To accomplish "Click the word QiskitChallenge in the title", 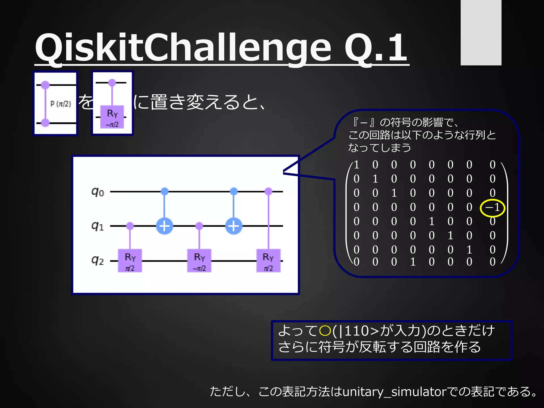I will [183, 48].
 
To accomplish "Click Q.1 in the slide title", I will [376, 48].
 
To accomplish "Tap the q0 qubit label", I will [98, 192].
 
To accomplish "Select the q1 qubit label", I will [97, 226].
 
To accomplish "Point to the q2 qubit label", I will [97, 261].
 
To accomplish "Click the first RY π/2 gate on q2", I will [130, 261].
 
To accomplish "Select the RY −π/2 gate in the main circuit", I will [199, 261].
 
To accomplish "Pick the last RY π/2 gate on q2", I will [268, 261].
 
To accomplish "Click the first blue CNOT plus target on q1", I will [165, 226].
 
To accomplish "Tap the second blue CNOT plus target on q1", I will [234, 226].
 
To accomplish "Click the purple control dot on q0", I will [269, 191].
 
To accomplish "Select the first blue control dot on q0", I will [165, 191].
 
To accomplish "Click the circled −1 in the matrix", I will [492, 207].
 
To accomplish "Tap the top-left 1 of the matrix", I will [356, 165].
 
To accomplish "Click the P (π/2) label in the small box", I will [61, 104].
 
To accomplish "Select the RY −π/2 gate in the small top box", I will [112, 117].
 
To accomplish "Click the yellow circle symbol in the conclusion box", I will [325, 331].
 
